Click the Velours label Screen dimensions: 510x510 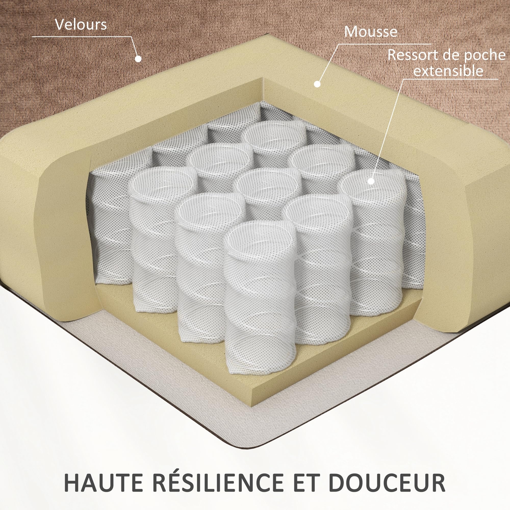point(81,24)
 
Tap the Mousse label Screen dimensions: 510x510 point(371,32)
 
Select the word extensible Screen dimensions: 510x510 point(448,70)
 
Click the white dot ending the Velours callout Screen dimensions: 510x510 point(138,59)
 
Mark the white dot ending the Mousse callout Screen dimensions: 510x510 point(317,84)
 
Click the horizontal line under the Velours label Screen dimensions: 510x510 point(82,36)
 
